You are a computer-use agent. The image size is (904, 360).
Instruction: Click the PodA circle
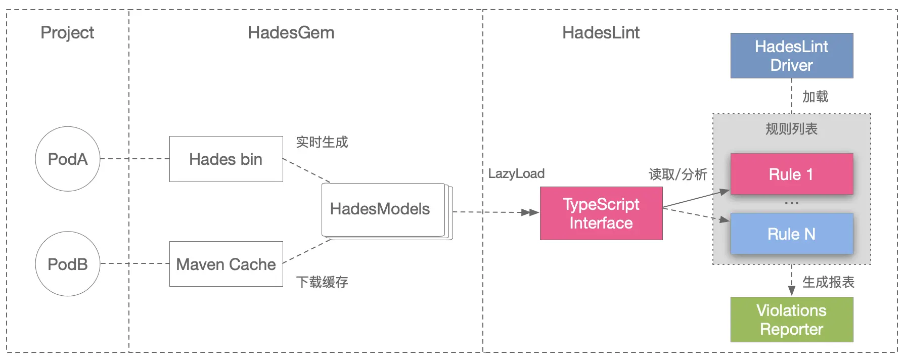click(x=67, y=159)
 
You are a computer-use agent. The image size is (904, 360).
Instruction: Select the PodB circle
click(x=67, y=264)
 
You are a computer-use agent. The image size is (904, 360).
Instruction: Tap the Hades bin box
click(x=226, y=159)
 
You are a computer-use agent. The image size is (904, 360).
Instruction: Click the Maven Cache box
click(x=226, y=264)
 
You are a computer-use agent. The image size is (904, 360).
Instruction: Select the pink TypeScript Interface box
click(x=601, y=213)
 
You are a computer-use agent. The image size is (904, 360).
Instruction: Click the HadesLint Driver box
click(x=791, y=56)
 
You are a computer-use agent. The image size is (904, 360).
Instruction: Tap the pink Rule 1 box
click(x=791, y=174)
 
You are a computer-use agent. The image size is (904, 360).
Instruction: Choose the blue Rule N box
click(x=791, y=234)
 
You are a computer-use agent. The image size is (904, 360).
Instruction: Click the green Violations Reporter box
click(x=791, y=320)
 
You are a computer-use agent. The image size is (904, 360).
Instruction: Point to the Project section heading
click(x=67, y=32)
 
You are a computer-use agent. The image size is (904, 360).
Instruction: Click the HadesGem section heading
click(x=291, y=32)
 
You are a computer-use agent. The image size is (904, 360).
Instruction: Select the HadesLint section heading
click(x=601, y=32)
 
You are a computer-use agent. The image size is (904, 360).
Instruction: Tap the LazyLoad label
click(x=516, y=173)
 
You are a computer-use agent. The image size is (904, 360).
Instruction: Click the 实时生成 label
click(x=322, y=142)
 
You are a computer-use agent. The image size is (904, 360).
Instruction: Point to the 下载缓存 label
click(x=322, y=282)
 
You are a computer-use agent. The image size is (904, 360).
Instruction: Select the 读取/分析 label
click(x=677, y=174)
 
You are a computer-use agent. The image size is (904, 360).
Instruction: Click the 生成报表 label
click(x=828, y=282)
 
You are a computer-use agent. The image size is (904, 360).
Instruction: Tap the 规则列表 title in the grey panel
click(x=791, y=129)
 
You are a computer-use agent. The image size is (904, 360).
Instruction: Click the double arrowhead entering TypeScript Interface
click(x=530, y=212)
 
